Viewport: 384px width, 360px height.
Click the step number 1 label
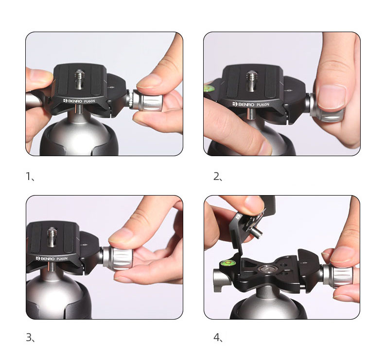[x=30, y=176]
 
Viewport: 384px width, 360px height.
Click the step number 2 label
[x=218, y=176]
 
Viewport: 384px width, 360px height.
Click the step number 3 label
[x=30, y=338]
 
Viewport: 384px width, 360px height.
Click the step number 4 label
[x=218, y=338]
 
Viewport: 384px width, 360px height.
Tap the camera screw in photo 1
[x=79, y=79]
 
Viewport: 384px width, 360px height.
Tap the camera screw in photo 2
[x=251, y=81]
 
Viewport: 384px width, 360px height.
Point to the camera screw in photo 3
[x=52, y=237]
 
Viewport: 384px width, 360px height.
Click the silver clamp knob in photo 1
[x=145, y=101]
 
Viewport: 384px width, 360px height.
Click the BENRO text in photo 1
[x=73, y=101]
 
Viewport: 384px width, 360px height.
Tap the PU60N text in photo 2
[x=262, y=105]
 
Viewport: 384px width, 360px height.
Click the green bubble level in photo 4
[x=227, y=263]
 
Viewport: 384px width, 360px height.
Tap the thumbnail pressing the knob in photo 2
[x=332, y=97]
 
